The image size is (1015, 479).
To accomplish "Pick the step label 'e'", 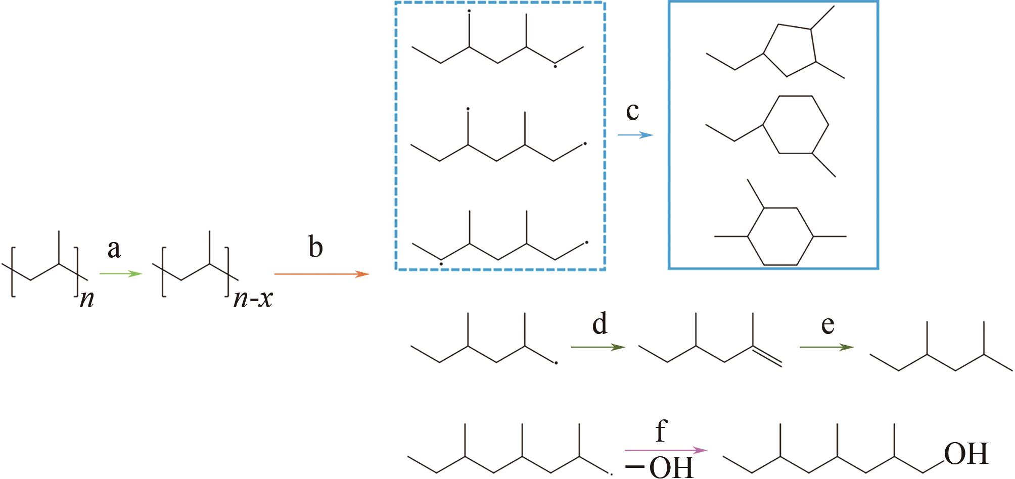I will pyautogui.click(x=827, y=325).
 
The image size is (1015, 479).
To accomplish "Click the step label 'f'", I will pyautogui.click(x=661, y=432).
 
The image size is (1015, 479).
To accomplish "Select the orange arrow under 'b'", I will pyautogui.click(x=321, y=274).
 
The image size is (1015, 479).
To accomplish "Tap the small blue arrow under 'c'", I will pyautogui.click(x=635, y=135).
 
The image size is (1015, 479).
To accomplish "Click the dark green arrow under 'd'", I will pyautogui.click(x=598, y=347).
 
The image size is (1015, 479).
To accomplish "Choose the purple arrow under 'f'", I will pyautogui.click(x=665, y=450).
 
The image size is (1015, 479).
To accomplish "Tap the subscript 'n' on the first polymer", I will pyautogui.click(x=87, y=301).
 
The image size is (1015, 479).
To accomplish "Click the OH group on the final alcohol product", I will pyautogui.click(x=966, y=454).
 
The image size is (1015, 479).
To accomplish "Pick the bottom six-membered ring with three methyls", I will pyautogui.click(x=780, y=236).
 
